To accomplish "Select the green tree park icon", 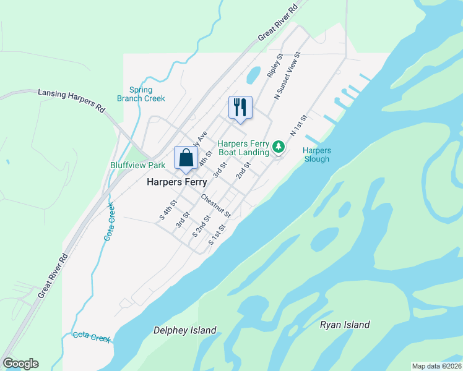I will coord(279,147).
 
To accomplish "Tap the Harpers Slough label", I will coord(317,155).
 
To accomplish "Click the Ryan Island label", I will coord(345,325).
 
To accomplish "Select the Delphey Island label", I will coord(185,330).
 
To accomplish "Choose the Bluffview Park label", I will coord(137,165).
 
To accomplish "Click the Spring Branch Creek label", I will coord(141,94).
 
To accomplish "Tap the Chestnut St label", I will coord(215,206).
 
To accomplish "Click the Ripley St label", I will coord(275,65).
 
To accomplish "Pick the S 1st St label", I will coord(217,234).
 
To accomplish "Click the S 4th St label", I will coord(168,209).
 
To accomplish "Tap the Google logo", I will coord(20,364).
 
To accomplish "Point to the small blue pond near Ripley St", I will coord(253,75).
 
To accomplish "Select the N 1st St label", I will coord(298,126).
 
